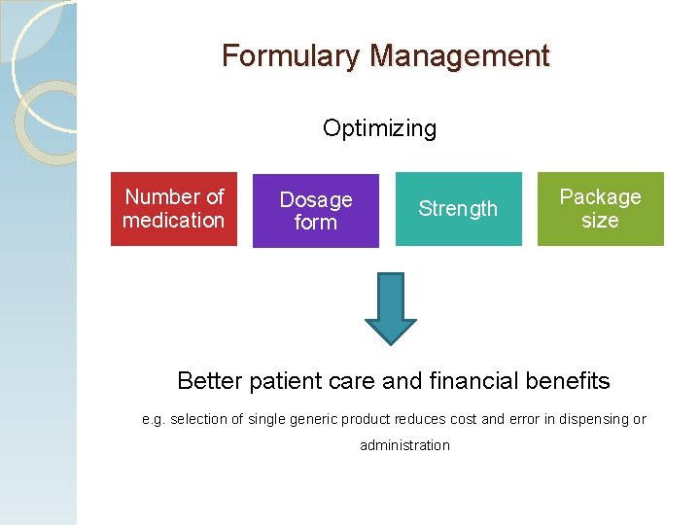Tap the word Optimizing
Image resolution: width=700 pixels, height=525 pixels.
379,128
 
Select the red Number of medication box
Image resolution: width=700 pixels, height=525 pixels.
174,208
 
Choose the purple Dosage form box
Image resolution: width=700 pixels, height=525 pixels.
316,211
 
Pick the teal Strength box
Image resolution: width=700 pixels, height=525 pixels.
458,209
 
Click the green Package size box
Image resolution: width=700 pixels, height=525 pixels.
600,209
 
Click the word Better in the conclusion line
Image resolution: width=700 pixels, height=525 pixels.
210,380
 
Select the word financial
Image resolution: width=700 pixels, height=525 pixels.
470,380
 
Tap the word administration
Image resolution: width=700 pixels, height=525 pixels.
404,445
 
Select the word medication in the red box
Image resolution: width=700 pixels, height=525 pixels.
174,221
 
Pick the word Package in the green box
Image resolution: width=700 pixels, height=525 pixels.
600,197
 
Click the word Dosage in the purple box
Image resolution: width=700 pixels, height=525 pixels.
316,200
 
